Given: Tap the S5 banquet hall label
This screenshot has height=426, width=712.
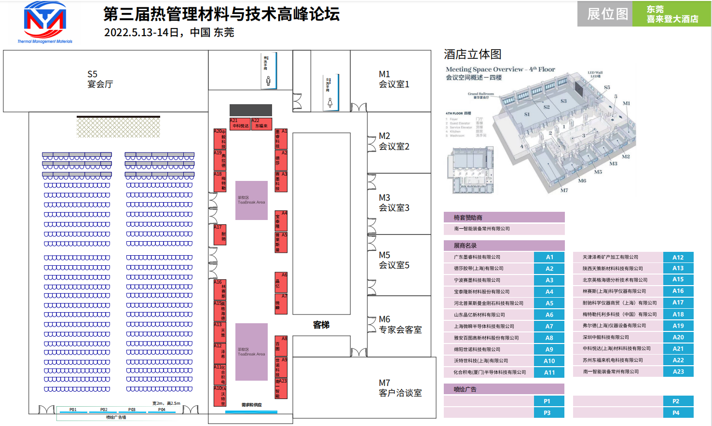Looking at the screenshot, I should (x=100, y=79).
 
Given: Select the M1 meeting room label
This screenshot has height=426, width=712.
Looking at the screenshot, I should (x=394, y=79).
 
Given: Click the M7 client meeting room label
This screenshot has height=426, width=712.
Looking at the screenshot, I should (x=400, y=388).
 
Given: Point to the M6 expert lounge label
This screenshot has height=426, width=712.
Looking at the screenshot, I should (x=400, y=325).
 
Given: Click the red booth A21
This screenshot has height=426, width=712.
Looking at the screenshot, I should (x=240, y=124).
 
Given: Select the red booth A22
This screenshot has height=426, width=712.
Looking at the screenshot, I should (x=261, y=124).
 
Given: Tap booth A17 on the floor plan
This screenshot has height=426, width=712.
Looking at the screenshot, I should (x=219, y=234).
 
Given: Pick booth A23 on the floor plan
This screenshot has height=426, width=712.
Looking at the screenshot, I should (x=281, y=388).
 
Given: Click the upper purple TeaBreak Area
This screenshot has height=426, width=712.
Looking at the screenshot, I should (x=251, y=200).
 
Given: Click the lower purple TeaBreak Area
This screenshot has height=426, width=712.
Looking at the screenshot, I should (x=251, y=352).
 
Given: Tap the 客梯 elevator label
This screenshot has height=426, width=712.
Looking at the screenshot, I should (x=321, y=325).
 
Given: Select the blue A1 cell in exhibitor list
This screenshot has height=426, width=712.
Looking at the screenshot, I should (x=549, y=257).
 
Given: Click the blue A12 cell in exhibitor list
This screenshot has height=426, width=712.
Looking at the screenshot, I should (x=678, y=257).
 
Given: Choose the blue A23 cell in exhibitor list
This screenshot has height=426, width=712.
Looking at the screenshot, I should (x=678, y=371).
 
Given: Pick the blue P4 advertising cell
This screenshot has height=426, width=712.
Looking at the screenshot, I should (x=675, y=412).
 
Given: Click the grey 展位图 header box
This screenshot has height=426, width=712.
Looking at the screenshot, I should (x=605, y=14).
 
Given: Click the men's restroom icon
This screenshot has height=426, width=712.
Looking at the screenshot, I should (x=268, y=81).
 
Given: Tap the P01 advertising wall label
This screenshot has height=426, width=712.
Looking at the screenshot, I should (x=73, y=410).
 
